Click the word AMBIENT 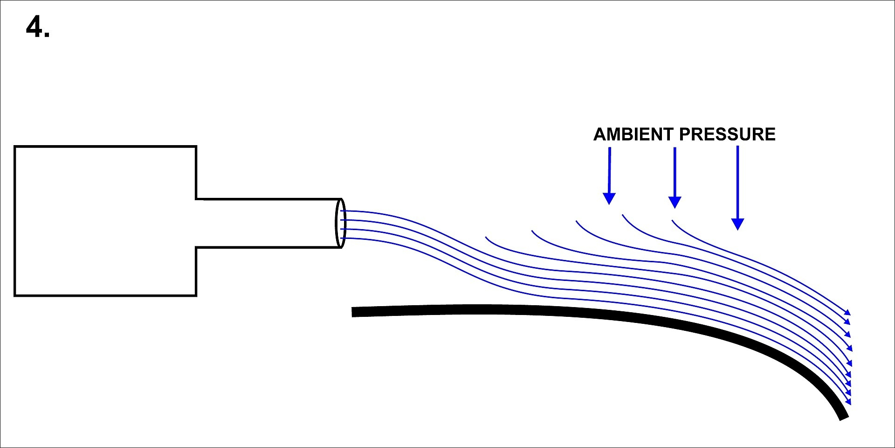pos(633,134)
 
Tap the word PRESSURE pos(727,134)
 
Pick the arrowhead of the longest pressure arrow pos(737,224)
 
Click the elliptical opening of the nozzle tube pos(341,223)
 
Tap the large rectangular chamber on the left pos(105,221)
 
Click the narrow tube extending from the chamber pos(268,223)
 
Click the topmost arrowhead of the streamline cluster pos(848,312)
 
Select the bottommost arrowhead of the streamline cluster pos(849,402)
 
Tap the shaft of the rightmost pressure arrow pos(737,182)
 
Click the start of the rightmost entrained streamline pos(672,220)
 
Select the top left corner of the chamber pos(15,147)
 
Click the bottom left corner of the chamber pos(15,295)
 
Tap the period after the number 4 pos(47,35)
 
